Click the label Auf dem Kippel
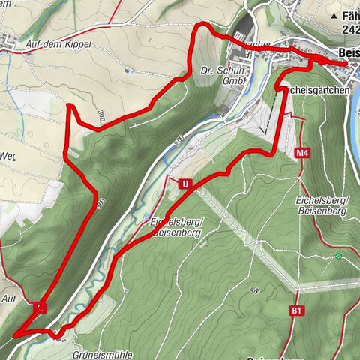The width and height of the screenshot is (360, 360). point(58,44)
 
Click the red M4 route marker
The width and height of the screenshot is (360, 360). point(302,154)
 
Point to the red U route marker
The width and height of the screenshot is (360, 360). point(182,183)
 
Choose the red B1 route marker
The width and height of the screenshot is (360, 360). point(298,310)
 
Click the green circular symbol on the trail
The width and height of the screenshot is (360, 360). point(338,256)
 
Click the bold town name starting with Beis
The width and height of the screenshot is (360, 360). point(349,52)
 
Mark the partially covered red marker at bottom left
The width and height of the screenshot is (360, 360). point(40,307)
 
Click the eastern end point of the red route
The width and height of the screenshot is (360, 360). point(346,64)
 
